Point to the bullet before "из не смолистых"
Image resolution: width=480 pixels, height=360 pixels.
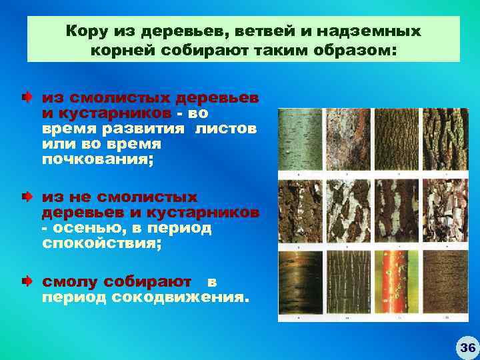coord(25,197)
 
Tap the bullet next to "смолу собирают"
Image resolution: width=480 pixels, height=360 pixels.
coord(25,282)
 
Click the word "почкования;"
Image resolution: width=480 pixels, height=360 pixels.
coord(97,159)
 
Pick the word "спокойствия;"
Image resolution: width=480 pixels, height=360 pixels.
coord(101,243)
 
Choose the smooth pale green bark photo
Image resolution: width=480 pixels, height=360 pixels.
coord(300,141)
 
